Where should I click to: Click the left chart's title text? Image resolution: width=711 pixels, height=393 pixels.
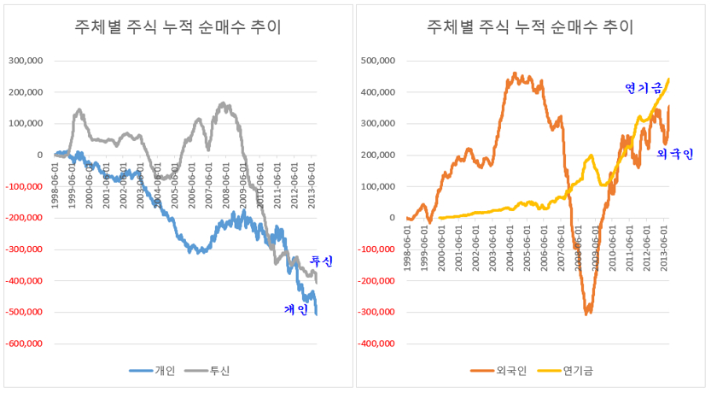pyautogui.click(x=178, y=27)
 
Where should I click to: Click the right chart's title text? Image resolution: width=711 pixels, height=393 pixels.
pyautogui.click(x=530, y=27)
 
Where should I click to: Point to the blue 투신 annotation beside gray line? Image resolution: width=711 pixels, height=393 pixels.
pyautogui.click(x=320, y=260)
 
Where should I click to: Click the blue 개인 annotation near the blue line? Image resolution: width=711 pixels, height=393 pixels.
pyautogui.click(x=296, y=310)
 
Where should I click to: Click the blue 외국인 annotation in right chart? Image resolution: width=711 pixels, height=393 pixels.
pyautogui.click(x=674, y=154)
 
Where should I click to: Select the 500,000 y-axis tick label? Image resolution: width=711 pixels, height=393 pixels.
pyautogui.click(x=376, y=61)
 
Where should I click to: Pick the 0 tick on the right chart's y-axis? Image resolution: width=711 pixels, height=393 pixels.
pyautogui.click(x=391, y=218)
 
